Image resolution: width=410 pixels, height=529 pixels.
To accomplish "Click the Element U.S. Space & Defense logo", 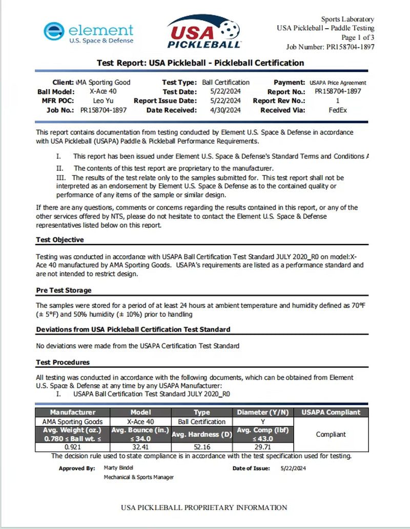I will click(88, 32).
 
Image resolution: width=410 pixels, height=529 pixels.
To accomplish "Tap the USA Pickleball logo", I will click(204, 32).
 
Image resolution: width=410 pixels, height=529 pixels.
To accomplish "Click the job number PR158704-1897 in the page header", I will click(350, 47).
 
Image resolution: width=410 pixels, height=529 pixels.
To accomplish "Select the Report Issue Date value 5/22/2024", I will click(226, 101).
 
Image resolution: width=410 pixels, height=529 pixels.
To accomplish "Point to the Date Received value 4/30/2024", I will click(226, 110).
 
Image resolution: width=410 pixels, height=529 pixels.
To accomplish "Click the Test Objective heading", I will click(60, 239).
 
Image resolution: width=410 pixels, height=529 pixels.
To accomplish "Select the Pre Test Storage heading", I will click(64, 290).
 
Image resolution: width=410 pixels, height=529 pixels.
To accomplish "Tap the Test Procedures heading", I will click(63, 362).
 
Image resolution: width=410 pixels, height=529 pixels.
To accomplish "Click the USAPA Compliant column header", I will click(331, 412).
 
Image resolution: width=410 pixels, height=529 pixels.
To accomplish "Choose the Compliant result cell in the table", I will click(331, 434).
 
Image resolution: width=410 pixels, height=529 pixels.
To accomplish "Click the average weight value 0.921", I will click(72, 447).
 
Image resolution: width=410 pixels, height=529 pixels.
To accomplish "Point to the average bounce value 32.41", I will click(139, 447).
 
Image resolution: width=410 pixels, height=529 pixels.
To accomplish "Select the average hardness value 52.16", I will click(201, 447).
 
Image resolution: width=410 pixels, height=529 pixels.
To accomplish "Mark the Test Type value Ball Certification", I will click(225, 82).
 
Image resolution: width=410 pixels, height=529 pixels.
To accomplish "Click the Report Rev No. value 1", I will click(337, 101).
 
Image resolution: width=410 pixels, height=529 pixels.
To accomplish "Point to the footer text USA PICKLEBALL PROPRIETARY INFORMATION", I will click(204, 508).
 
